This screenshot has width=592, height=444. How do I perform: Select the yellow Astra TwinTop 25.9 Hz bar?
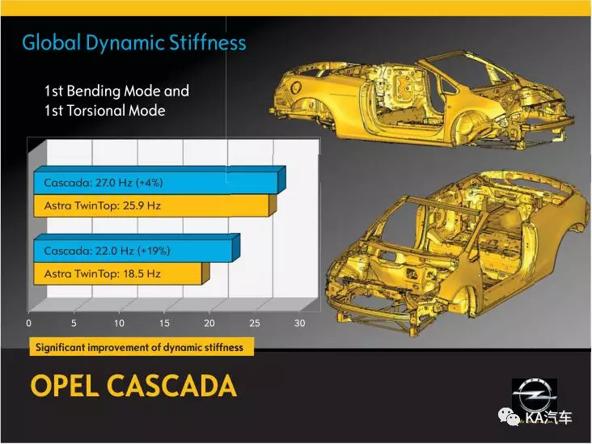[x=154, y=205]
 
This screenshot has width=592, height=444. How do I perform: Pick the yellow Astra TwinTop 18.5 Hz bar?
[x=121, y=273]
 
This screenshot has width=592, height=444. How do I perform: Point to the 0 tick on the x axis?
[x=28, y=323]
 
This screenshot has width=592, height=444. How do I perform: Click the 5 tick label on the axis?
[x=74, y=323]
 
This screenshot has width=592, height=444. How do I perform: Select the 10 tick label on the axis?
[x=120, y=323]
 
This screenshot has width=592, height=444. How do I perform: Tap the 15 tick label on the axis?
[x=164, y=323]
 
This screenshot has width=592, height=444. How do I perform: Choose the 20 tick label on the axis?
[x=209, y=323]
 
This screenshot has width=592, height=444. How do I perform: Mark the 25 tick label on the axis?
[x=255, y=323]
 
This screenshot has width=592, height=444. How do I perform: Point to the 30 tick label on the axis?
[x=300, y=323]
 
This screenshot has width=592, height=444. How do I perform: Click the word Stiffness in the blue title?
[x=207, y=42]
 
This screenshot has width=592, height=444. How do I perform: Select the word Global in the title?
[x=52, y=42]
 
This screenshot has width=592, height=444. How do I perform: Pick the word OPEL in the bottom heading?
[x=65, y=386]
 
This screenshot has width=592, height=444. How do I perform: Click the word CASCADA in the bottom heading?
[x=172, y=386]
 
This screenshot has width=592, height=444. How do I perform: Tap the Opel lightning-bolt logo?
[x=535, y=395]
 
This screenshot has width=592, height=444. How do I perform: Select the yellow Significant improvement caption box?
[x=142, y=347]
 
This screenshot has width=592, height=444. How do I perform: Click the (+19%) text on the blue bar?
[x=154, y=251]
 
